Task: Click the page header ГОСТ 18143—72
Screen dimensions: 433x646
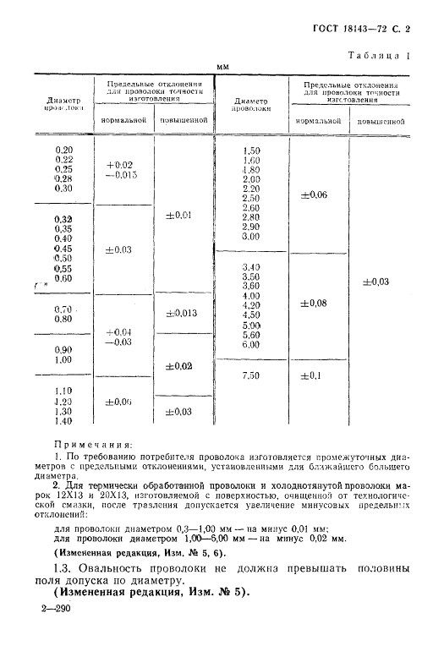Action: point(352,29)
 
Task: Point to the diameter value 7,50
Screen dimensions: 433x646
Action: point(251,374)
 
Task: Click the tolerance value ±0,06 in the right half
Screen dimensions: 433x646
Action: point(314,195)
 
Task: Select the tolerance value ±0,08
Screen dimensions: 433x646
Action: point(314,302)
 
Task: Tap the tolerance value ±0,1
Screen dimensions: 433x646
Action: point(312,374)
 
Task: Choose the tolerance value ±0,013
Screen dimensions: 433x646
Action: point(180,314)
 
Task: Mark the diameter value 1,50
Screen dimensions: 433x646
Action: point(251,150)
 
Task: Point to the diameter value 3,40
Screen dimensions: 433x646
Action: point(251,266)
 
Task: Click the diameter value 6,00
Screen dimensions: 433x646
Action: point(251,344)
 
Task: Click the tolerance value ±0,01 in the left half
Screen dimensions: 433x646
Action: point(180,215)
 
